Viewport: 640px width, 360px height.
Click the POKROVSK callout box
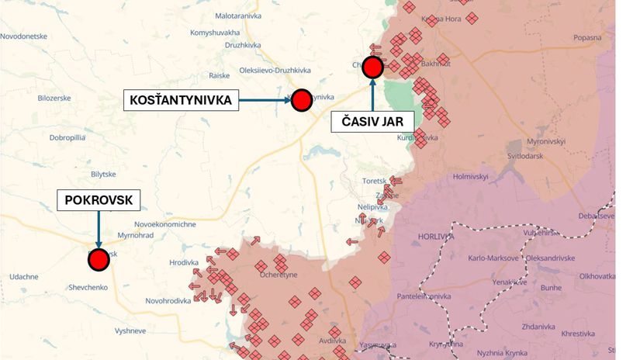point(99,201)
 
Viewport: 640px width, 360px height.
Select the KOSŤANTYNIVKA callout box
point(182,100)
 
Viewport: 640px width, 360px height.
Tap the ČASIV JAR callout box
point(372,121)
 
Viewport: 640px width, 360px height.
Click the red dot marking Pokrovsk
point(99,260)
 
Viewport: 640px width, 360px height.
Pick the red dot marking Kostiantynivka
point(301,99)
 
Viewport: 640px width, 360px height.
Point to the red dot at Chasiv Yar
point(373,67)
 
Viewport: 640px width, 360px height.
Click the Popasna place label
point(587,37)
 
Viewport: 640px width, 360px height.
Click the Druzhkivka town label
point(242,46)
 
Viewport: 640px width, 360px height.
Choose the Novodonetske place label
point(24,36)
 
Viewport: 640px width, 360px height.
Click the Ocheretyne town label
point(280,275)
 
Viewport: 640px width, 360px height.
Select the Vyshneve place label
point(130,331)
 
